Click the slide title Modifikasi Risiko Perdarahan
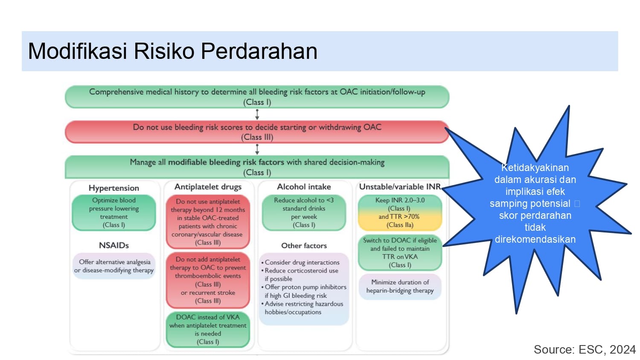click(172, 51)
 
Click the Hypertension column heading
click(114, 188)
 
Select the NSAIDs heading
click(114, 245)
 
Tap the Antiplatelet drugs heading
click(208, 187)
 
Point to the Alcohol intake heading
click(304, 187)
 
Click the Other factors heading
click(304, 246)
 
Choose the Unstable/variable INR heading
click(400, 187)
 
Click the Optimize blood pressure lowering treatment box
click(114, 212)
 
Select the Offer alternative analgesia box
click(114, 266)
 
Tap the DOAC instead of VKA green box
click(208, 329)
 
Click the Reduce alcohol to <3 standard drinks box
click(304, 212)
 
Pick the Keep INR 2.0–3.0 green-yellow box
click(400, 212)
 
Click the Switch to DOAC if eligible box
click(400, 253)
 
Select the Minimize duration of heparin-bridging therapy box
click(400, 287)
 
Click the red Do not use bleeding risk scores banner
click(257, 132)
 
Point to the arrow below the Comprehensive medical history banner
click(257, 114)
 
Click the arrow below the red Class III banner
click(257, 149)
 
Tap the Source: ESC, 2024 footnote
click(585, 350)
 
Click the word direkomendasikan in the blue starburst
click(535, 239)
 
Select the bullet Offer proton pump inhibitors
click(304, 291)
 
